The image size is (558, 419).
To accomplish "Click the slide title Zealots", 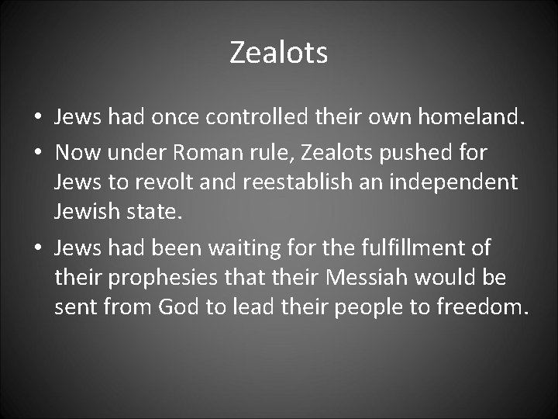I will (x=279, y=54).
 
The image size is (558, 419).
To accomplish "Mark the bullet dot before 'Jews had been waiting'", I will (x=37, y=249).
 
